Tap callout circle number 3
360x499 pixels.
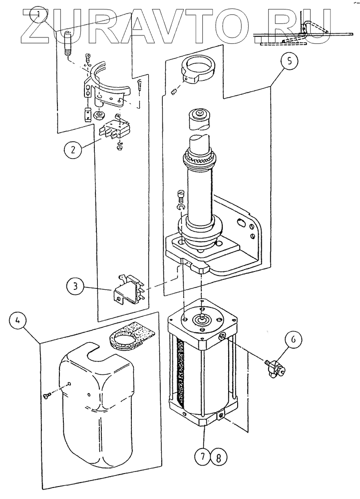coord(75,286)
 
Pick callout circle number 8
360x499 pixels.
coord(219,458)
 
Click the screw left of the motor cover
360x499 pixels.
coord(47,395)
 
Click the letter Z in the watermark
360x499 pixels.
coord(37,26)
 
